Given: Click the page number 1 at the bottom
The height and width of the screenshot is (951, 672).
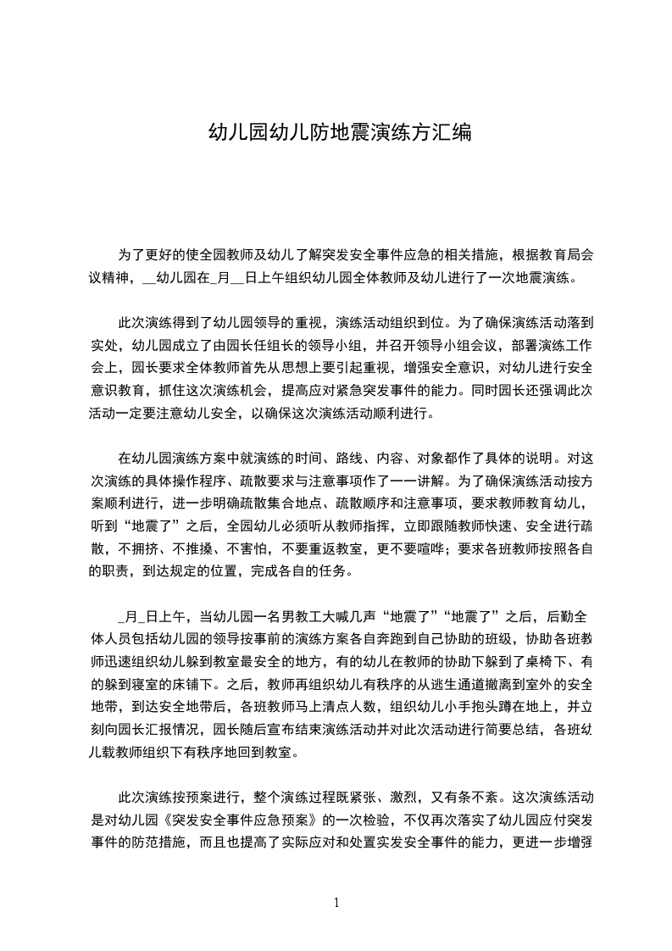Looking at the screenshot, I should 336,903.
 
